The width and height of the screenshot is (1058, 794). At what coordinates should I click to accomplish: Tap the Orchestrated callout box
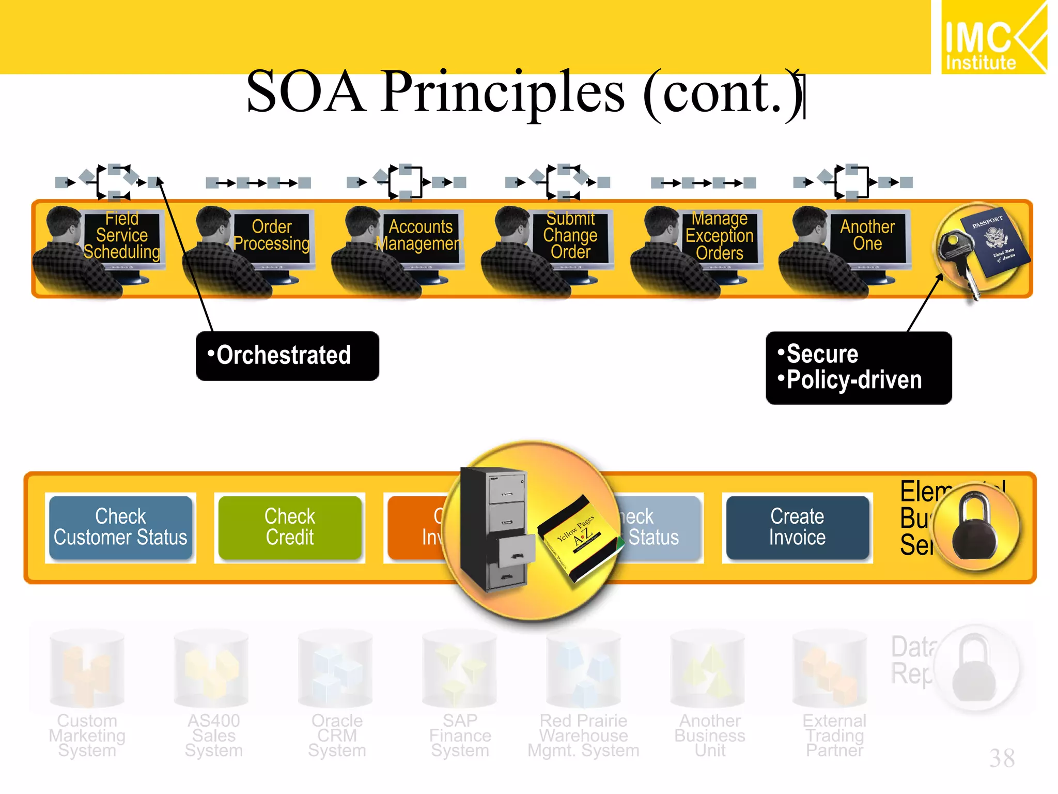coord(287,356)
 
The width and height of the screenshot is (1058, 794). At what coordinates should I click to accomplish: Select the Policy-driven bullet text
coord(853,380)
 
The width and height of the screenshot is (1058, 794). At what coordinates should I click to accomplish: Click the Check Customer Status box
coord(120,527)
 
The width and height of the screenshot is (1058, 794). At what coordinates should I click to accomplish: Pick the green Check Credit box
coord(289,527)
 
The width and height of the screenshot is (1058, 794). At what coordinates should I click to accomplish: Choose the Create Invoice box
coord(797,527)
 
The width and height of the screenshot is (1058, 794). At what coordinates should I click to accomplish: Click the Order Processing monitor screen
coord(272,236)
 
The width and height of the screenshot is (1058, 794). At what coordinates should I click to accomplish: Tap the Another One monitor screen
coord(867,236)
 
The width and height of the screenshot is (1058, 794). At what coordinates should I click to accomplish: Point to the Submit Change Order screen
coord(570,236)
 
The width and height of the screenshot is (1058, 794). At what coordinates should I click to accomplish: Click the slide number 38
coord(1002,758)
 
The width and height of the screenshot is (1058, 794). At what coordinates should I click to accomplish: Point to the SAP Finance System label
coord(460,735)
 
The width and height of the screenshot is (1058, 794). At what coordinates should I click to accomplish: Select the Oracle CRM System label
coord(337,735)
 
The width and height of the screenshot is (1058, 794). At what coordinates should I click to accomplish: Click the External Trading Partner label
coord(834,735)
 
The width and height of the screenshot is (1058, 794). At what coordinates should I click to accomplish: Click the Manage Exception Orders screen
coord(720,236)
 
